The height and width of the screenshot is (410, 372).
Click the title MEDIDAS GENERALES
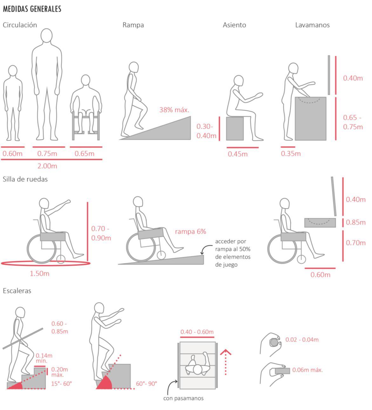[32, 9]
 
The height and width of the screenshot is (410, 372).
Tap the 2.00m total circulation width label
[47, 166]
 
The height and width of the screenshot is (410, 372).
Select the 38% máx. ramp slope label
[174, 110]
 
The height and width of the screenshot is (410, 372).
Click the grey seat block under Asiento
[235, 128]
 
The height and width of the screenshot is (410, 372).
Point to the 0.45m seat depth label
[238, 154]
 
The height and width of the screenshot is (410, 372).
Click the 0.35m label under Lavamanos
[291, 153]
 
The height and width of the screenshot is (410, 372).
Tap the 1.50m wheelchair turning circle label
[39, 273]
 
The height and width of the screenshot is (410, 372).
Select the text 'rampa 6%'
[191, 231]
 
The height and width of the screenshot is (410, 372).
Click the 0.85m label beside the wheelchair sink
[355, 222]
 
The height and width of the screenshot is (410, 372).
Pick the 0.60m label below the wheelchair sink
[321, 275]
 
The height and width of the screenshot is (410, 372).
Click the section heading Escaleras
[17, 291]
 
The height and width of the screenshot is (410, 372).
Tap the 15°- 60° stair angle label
[61, 384]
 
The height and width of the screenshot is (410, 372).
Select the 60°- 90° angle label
[146, 384]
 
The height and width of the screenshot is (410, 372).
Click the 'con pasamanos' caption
[183, 398]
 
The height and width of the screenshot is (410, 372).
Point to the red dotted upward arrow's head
[226, 352]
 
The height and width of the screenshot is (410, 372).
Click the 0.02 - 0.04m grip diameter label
[302, 340]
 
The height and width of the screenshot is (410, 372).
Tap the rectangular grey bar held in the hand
[282, 371]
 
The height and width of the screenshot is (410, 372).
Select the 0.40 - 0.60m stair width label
[197, 332]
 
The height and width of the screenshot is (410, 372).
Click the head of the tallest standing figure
[46, 36]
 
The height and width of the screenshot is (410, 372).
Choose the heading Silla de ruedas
[25, 179]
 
